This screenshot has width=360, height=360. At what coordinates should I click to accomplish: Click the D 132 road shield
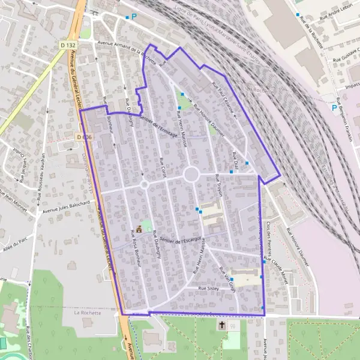[x=68, y=45]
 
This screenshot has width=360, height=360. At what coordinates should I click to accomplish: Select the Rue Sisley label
[x=210, y=289]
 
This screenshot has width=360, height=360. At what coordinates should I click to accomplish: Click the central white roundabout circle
[x=191, y=175]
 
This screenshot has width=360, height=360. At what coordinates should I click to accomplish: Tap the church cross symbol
[x=222, y=325]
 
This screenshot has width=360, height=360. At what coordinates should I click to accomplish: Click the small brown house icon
[x=140, y=229]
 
